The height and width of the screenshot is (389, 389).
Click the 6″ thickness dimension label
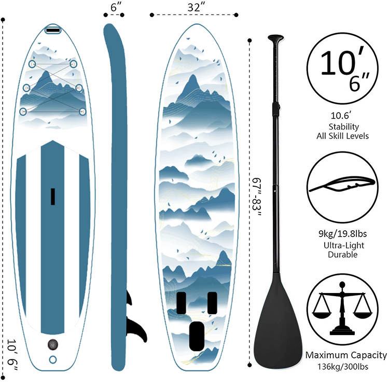(116, 8)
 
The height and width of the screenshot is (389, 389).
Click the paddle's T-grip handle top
(275, 38)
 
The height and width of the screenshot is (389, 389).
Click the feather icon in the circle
(340, 184)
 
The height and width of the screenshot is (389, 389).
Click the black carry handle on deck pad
(52, 197)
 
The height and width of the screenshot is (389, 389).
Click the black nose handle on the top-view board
(52, 30)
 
